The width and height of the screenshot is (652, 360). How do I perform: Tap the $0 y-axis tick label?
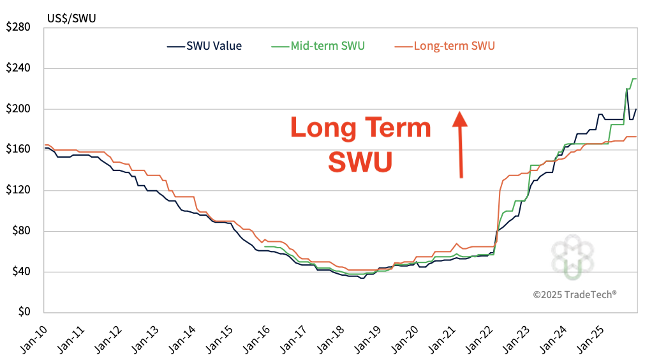[x=24, y=313]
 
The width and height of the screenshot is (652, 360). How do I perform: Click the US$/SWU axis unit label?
[x=71, y=18]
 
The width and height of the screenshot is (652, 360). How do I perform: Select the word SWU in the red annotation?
[x=360, y=162]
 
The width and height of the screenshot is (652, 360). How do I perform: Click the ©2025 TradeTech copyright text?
[x=574, y=294]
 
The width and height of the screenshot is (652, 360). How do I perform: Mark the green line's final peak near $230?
[x=634, y=79]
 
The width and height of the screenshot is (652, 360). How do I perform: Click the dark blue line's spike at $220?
[x=626, y=89]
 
